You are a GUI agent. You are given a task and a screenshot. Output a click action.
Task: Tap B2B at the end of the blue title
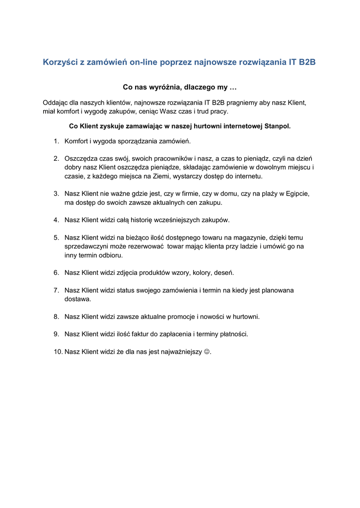(306, 63)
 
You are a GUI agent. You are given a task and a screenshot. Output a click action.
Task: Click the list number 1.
(56, 141)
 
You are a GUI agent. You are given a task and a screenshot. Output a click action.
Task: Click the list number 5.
(56, 237)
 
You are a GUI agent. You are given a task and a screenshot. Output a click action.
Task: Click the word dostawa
(77, 299)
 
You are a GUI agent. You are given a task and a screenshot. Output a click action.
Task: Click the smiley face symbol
(207, 352)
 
